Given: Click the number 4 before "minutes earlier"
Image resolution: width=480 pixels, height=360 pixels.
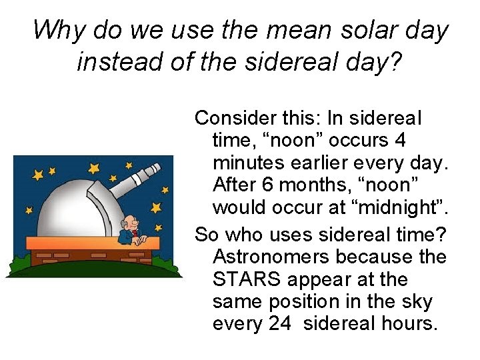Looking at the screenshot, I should coord(400,141).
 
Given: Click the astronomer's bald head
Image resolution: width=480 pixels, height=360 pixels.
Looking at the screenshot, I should coord(130,223).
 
